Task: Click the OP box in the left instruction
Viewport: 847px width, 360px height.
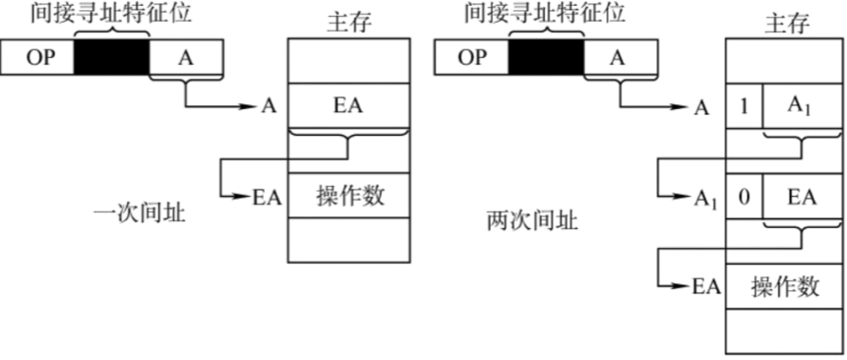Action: coord(37,60)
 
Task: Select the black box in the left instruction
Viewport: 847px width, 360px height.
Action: coord(111,60)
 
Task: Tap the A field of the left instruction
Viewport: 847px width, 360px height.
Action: coord(186,60)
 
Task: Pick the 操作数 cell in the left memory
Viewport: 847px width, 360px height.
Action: coord(347,195)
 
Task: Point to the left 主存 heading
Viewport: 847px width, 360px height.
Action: coord(348,21)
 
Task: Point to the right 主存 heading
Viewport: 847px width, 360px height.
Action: coord(784,21)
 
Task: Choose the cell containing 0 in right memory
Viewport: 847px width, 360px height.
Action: coord(745,197)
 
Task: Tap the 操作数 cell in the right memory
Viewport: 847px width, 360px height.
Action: coord(784,286)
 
